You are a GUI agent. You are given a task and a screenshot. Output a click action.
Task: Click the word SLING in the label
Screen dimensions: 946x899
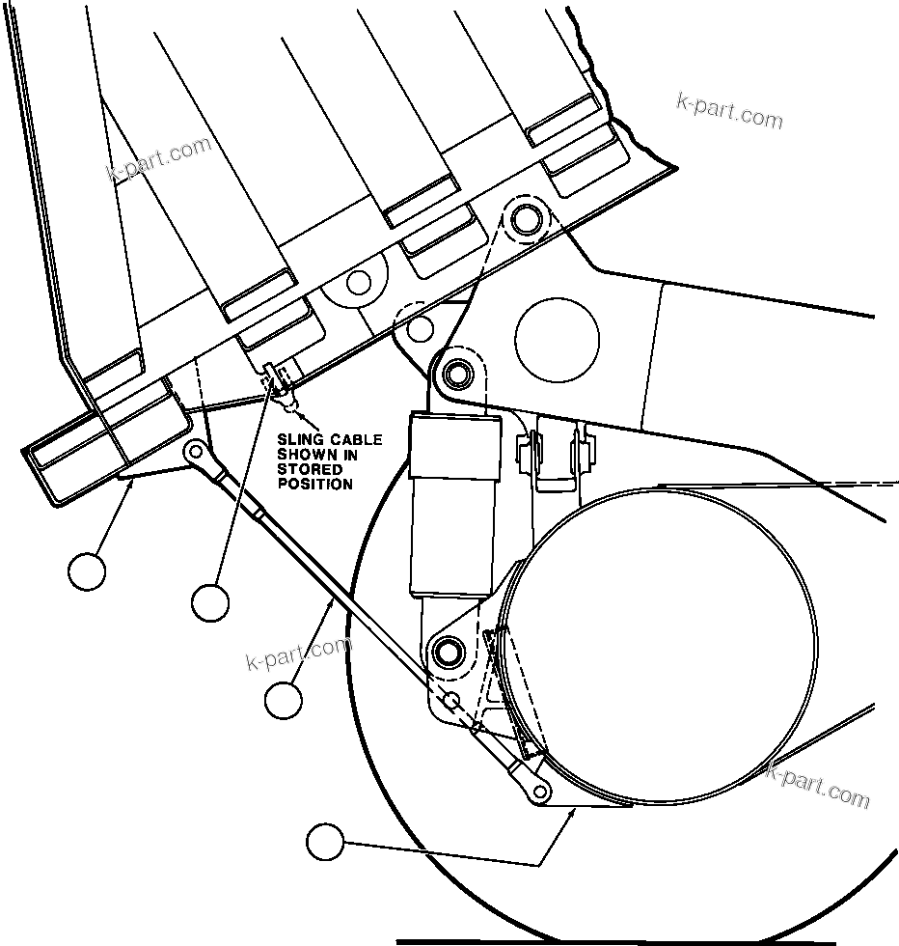click(x=300, y=440)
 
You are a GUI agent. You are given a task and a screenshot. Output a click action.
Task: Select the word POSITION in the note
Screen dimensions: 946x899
click(x=315, y=484)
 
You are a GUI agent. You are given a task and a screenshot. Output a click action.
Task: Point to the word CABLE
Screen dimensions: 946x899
click(x=354, y=440)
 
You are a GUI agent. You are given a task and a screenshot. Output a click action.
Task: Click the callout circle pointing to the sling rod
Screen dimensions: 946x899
click(x=283, y=700)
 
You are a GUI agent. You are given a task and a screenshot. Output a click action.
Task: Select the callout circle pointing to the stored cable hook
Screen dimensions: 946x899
click(x=210, y=603)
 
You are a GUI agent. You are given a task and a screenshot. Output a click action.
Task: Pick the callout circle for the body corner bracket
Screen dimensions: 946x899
click(x=87, y=570)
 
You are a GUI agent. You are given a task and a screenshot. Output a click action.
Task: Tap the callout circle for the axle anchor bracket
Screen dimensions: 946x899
click(x=325, y=843)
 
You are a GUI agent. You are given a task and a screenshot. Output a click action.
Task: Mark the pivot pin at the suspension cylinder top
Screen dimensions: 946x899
click(x=454, y=373)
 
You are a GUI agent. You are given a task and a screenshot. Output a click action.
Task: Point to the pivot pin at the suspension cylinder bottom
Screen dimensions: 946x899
click(x=446, y=650)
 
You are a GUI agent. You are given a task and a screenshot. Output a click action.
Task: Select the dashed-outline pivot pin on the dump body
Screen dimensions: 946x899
click(x=526, y=218)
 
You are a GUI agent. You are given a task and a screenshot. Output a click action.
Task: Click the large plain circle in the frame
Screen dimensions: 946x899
click(x=557, y=338)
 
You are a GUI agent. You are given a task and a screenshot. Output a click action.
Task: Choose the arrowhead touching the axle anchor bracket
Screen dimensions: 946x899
click(x=573, y=814)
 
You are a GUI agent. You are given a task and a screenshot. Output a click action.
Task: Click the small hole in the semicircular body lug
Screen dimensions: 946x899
click(x=359, y=283)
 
